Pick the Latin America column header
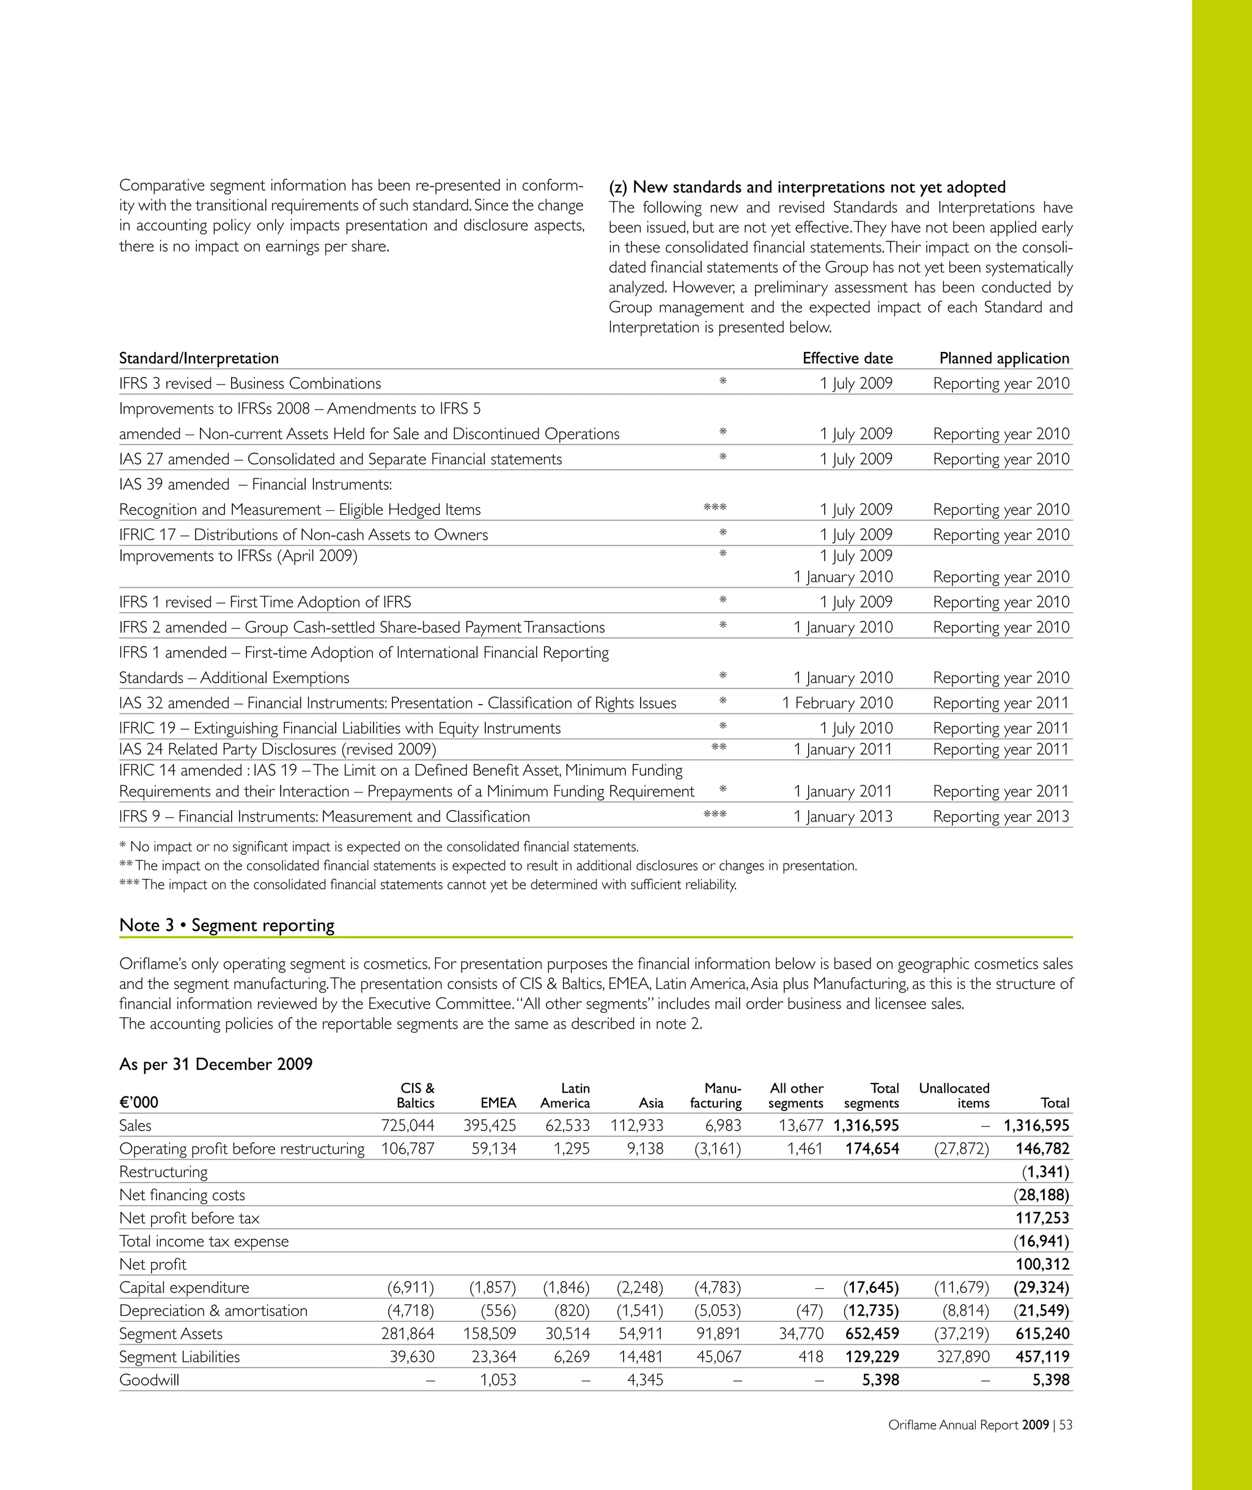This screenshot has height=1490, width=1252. click(565, 1096)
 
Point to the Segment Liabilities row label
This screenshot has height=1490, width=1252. click(180, 1357)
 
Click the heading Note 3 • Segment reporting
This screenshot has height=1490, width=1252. click(227, 925)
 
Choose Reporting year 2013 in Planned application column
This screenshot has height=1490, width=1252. click(1001, 817)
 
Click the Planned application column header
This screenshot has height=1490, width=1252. click(1004, 358)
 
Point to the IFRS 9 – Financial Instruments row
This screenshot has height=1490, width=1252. click(325, 817)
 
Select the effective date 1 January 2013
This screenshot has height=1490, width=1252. click(842, 817)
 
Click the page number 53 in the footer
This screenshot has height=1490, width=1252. click(1066, 1425)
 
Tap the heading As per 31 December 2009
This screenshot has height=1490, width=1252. click(216, 1064)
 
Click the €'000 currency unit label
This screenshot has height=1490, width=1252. click(139, 1103)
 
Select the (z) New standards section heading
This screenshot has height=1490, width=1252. click(807, 187)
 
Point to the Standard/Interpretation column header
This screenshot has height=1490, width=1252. click(199, 358)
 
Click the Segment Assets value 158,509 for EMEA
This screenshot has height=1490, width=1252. click(490, 1333)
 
